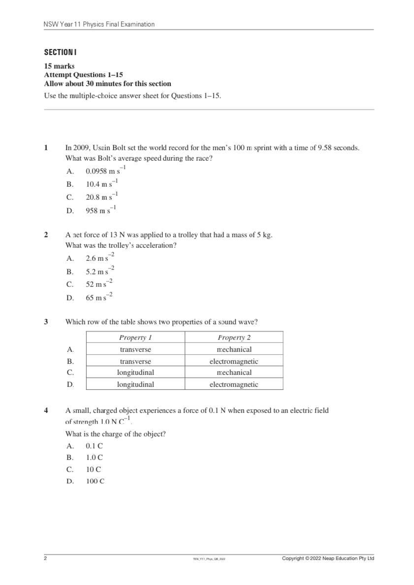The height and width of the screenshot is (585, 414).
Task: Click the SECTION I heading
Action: coord(60,52)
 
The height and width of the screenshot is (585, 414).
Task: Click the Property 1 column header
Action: coord(135,337)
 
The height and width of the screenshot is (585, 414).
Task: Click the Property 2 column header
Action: coord(234,337)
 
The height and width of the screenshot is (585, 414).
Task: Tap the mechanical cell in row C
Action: coord(234,373)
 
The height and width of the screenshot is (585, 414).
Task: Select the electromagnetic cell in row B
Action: coord(234,361)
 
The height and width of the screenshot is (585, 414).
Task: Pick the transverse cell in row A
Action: coord(135,349)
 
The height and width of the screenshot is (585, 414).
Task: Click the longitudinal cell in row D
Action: coord(135,384)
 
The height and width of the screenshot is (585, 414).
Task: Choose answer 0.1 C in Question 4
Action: coord(94,446)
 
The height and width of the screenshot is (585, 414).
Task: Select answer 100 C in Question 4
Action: coord(95,481)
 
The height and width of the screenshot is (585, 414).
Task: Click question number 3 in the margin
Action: coord(46,322)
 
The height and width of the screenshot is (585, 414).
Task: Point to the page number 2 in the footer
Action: coord(45,558)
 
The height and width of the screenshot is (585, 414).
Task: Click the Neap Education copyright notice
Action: coord(328,558)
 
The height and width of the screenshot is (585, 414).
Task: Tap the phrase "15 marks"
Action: coord(59,66)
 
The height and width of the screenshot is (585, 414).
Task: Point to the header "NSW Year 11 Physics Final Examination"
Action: coord(99,24)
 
